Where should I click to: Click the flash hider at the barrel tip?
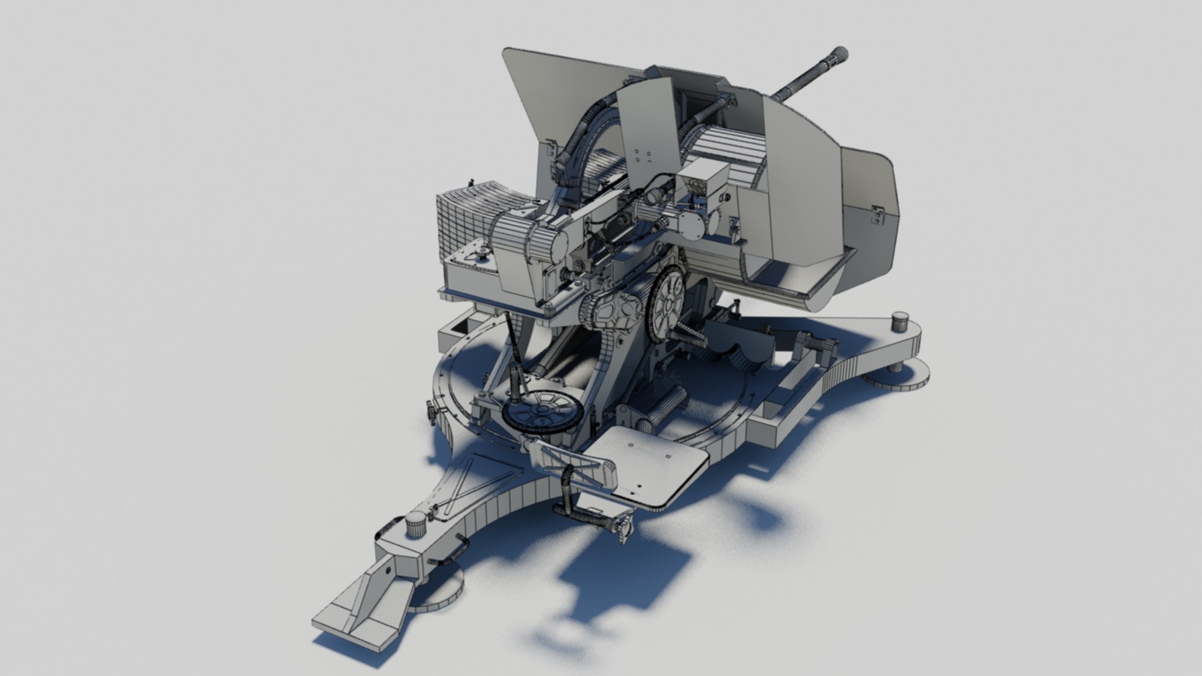click(839, 55)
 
